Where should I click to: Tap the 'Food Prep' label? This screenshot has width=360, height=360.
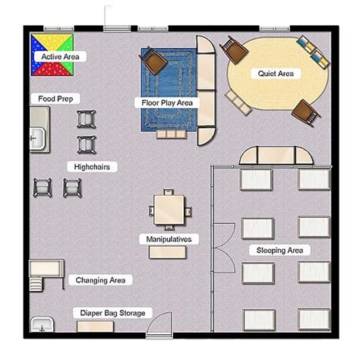55,99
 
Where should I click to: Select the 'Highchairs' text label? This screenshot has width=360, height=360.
91,166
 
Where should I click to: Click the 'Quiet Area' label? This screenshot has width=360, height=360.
276,74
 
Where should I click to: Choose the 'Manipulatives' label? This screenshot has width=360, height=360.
169,239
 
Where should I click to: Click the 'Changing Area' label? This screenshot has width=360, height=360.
99,280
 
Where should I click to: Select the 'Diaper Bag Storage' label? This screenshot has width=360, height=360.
112,313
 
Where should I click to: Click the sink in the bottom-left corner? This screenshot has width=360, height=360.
43,327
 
